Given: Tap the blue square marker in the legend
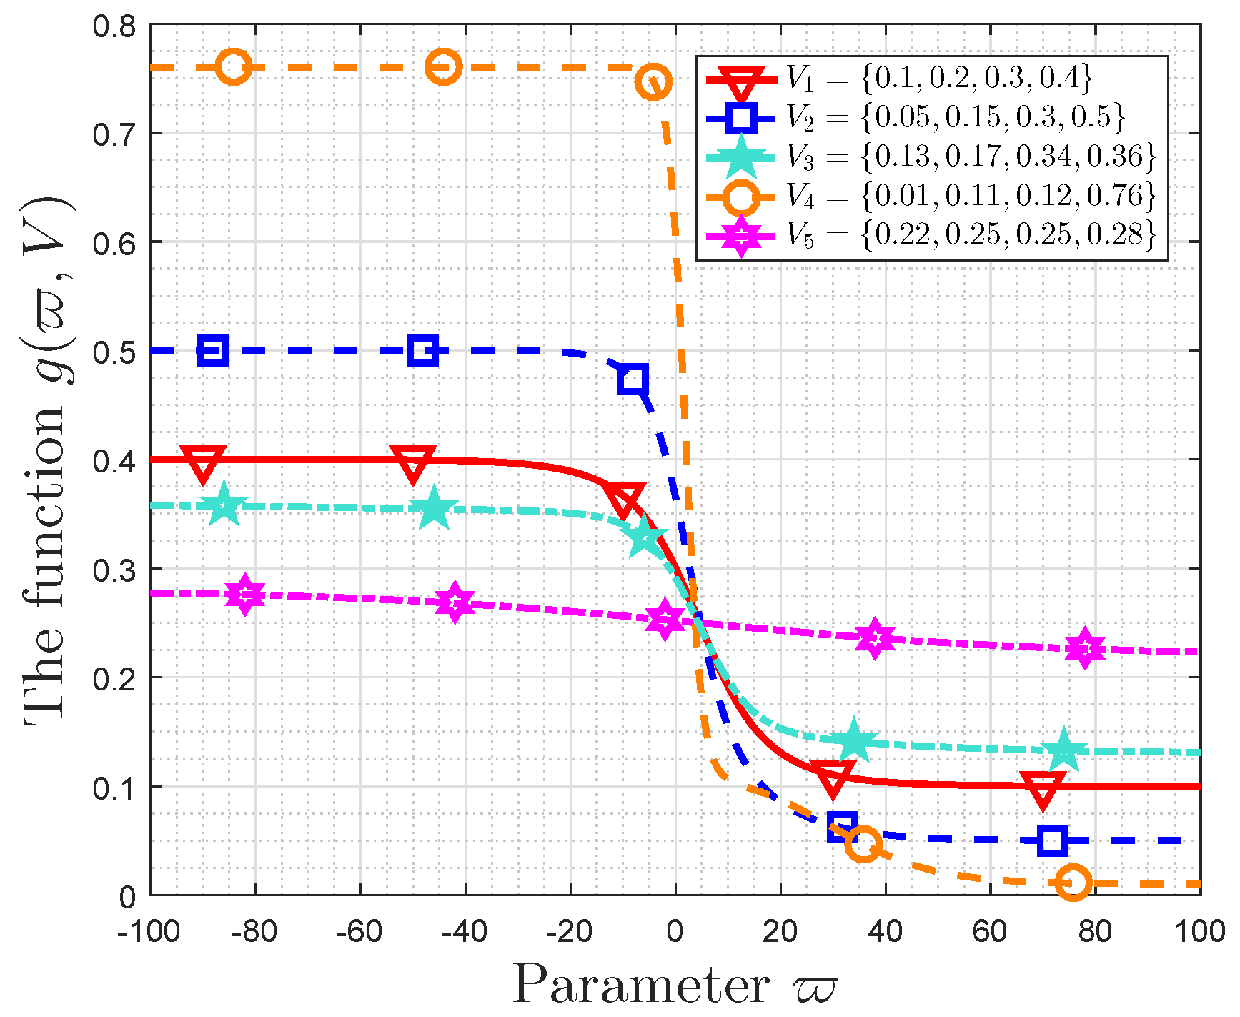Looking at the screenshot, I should (740, 118).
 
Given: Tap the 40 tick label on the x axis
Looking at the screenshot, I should (886, 931).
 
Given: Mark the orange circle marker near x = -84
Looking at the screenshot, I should (233, 67).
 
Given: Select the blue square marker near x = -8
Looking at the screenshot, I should (633, 379).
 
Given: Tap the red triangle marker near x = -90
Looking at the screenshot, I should (203, 462).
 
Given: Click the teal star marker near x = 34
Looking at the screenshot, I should (853, 742).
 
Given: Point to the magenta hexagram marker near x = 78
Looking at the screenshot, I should (1085, 648).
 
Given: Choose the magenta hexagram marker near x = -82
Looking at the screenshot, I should (245, 594).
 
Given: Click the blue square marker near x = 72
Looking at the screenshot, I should (1053, 840).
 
